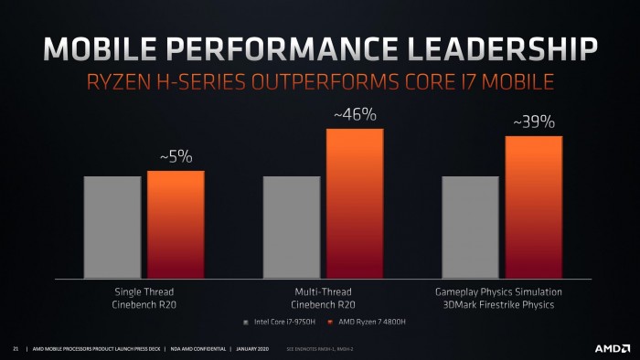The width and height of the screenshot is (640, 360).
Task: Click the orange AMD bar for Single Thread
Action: [176, 224]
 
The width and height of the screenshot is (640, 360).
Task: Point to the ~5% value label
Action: [176, 157]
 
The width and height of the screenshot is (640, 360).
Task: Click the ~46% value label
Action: [355, 115]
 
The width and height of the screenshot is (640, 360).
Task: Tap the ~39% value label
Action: [533, 122]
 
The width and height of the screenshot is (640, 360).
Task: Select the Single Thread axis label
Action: [144, 291]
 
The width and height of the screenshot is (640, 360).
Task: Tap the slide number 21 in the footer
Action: [16, 348]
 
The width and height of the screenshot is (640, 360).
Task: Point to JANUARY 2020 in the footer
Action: [255, 348]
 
